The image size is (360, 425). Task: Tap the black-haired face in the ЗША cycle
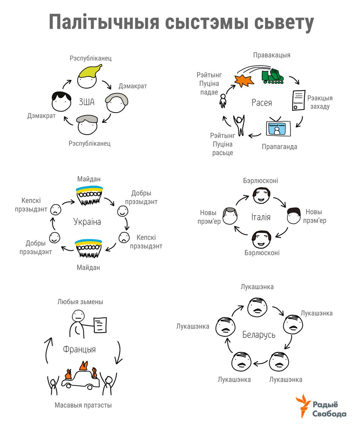(x=61, y=102)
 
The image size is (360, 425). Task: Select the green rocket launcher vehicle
(x=272, y=76)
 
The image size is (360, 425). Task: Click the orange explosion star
(x=244, y=81)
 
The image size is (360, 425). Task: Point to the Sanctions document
(x=298, y=100)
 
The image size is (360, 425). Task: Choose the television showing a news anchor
(x=278, y=127)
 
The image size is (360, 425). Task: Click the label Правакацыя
(x=271, y=55)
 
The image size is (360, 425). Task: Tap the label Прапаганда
(x=279, y=147)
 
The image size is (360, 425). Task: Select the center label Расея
(x=261, y=103)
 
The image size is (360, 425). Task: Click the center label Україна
(x=87, y=222)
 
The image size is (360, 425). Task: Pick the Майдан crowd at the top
(x=89, y=195)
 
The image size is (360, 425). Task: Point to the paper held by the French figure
(x=100, y=325)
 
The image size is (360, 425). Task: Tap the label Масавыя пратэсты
(x=83, y=405)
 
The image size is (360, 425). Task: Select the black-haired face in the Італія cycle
(x=294, y=216)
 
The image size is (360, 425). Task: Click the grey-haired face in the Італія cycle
(x=230, y=216)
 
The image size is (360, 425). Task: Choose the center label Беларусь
(x=259, y=335)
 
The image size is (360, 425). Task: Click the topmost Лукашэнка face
(x=257, y=307)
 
